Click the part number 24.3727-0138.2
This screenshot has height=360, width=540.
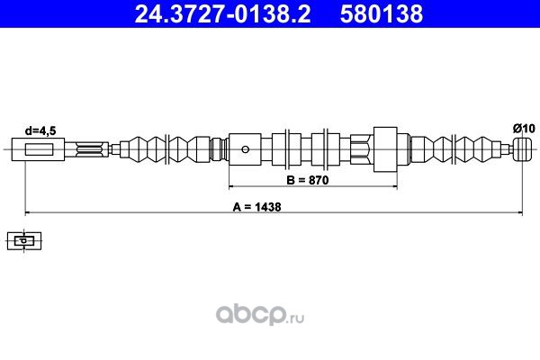point(222,13)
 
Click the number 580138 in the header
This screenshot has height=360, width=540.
point(382,13)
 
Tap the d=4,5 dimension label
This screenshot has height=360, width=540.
point(40,130)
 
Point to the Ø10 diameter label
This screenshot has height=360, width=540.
point(524,129)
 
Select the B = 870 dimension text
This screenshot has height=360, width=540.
point(308,180)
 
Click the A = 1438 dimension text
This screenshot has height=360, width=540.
point(256,207)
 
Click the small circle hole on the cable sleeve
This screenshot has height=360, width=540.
point(245,149)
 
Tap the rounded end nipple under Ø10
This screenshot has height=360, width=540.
point(523,149)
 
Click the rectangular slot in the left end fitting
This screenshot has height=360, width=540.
point(39,149)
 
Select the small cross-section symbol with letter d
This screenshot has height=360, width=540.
point(24,241)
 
